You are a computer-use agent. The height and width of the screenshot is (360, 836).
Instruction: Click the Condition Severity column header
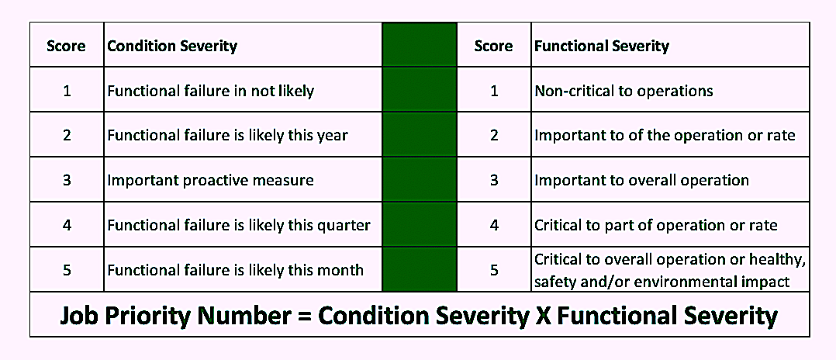pos(172,46)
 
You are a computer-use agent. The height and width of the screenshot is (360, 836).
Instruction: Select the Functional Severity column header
pos(602,46)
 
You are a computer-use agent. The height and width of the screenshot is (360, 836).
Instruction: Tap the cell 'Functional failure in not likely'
pos(211,92)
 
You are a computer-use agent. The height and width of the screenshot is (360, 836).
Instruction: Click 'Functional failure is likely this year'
pos(228,136)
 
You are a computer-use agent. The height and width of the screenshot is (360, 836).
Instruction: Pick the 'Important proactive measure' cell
pos(211,180)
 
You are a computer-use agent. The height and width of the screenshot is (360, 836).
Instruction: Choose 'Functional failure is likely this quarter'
pos(239,225)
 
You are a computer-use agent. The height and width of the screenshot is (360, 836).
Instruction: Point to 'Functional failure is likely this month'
pos(236,270)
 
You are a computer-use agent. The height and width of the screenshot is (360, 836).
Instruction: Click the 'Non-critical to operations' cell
pos(624,92)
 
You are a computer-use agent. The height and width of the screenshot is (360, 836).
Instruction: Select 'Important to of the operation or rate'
pos(665,136)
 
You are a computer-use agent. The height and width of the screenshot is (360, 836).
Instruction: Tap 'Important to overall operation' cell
pos(642,180)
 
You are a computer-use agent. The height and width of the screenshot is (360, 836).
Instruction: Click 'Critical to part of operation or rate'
pos(656,225)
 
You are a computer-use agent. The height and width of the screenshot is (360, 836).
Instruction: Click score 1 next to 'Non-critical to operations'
pos(494,92)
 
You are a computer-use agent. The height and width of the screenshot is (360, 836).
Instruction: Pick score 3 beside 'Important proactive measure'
pos(67,180)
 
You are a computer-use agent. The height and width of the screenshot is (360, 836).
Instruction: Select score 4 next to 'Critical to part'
pos(494,225)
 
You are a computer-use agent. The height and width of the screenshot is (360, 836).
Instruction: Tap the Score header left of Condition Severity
pos(66,46)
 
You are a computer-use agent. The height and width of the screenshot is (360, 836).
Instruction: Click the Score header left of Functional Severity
pos(494,46)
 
